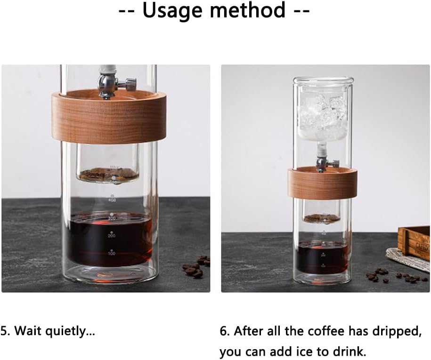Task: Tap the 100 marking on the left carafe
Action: (x=112, y=253)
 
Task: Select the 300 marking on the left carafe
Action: (x=112, y=218)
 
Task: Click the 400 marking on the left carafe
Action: (x=112, y=200)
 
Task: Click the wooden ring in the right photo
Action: (x=322, y=184)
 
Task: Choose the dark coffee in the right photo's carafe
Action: (x=322, y=257)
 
